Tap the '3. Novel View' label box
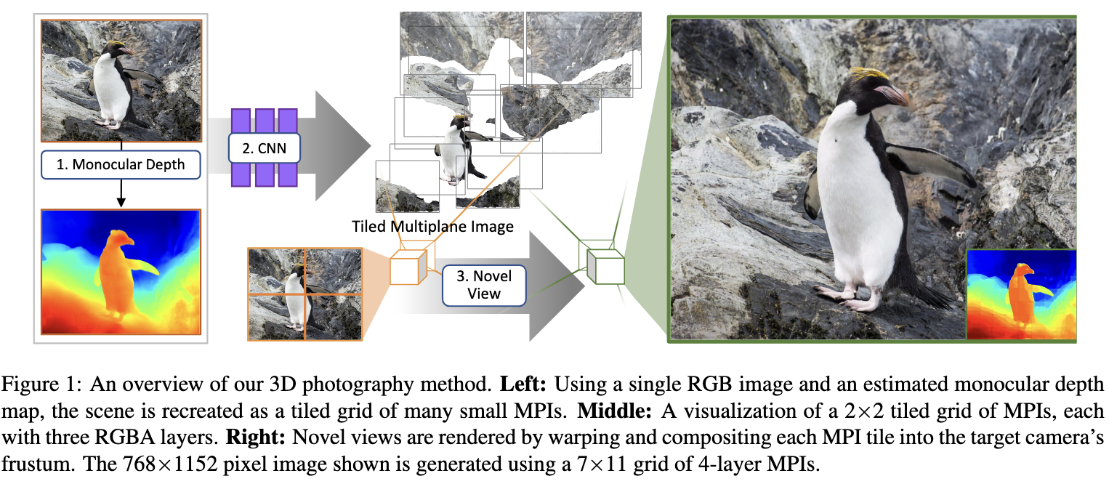point(484,284)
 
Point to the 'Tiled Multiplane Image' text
point(432,226)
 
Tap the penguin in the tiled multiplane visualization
point(453,149)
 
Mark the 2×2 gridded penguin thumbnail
point(305,294)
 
